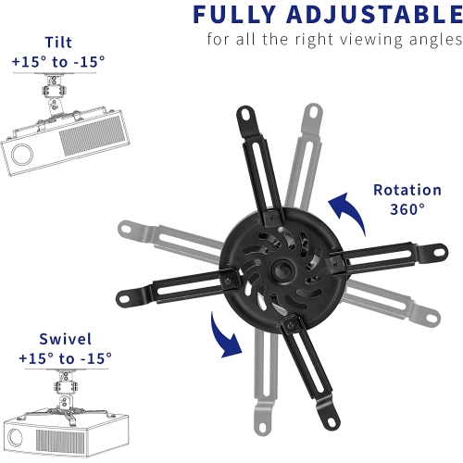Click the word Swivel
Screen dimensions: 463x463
tap(65, 339)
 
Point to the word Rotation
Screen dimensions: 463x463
tap(407, 190)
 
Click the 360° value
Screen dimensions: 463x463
tap(407, 208)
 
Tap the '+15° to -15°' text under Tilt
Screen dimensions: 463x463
tap(58, 61)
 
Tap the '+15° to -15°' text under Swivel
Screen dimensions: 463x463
tap(65, 357)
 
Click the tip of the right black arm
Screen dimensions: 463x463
tap(435, 248)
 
